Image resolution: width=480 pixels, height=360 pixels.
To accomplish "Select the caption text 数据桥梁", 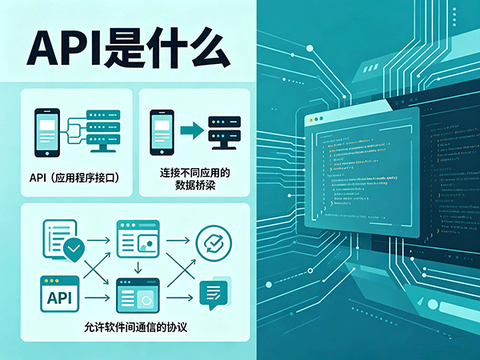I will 194,186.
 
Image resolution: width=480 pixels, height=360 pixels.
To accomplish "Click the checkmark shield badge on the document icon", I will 74,250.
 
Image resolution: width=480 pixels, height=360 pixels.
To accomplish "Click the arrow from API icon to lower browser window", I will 98,298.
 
